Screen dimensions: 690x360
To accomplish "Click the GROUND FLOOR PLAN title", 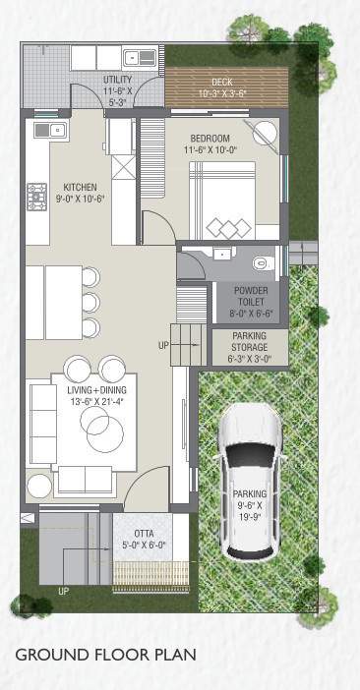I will pos(105,654).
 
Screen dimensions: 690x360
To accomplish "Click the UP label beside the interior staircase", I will pos(163,345).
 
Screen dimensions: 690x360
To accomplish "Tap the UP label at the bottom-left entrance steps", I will pos(64,592).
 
